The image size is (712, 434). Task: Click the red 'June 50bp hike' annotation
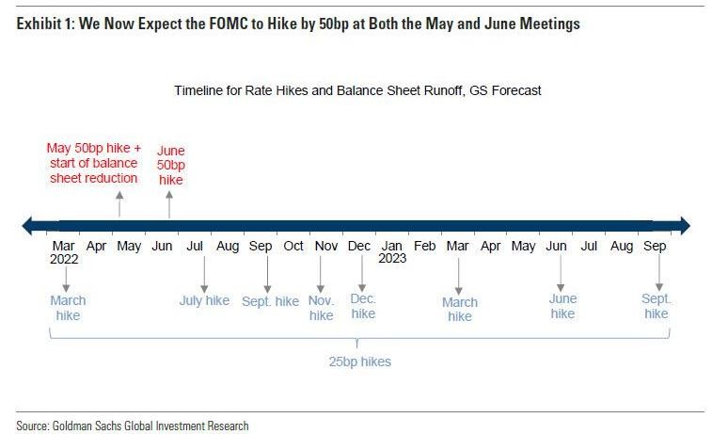pyautogui.click(x=171, y=164)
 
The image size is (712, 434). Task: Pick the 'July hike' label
pyautogui.click(x=204, y=301)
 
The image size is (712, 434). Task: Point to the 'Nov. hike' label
pyautogui.click(x=322, y=308)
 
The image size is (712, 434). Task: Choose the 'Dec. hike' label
pyautogui.click(x=363, y=306)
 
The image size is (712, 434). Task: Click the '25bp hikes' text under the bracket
pyautogui.click(x=361, y=362)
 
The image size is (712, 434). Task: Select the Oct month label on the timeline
pyautogui.click(x=293, y=247)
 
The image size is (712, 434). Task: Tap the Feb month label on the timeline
pyautogui.click(x=425, y=247)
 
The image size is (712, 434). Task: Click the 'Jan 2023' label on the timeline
pyautogui.click(x=392, y=251)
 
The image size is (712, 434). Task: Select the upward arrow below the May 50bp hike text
pyautogui.click(x=119, y=202)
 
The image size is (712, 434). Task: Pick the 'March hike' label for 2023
pyautogui.click(x=460, y=309)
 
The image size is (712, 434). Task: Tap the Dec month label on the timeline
pyautogui.click(x=359, y=247)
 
